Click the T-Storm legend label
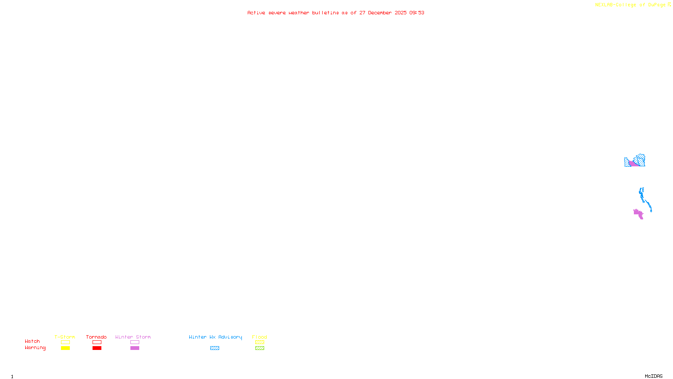click(65, 337)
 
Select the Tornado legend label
click(96, 337)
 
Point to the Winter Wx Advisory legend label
click(215, 337)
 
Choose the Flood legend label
click(260, 337)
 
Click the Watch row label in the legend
click(32, 341)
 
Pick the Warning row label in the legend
click(35, 348)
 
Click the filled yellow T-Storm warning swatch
click(65, 348)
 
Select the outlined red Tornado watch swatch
click(97, 342)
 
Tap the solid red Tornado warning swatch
click(97, 348)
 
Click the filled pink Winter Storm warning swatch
click(135, 348)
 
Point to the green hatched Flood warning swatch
click(260, 348)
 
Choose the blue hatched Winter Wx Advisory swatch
click(215, 348)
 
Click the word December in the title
click(380, 13)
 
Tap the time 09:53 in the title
click(417, 13)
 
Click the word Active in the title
click(256, 13)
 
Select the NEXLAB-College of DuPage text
click(631, 5)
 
